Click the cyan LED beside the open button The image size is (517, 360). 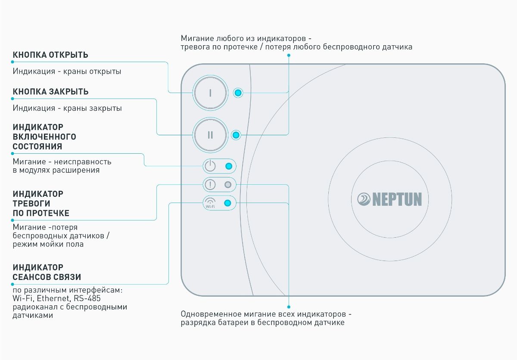point(238,93)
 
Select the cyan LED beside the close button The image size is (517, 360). point(236,135)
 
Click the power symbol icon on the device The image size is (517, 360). point(210,166)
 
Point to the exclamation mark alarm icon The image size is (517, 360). point(210,185)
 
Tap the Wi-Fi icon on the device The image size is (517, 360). point(210,202)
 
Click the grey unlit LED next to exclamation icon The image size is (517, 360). point(228,185)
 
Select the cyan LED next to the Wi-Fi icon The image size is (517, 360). point(228,203)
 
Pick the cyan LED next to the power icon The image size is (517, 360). point(229,166)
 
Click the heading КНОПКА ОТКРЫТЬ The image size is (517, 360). point(50,55)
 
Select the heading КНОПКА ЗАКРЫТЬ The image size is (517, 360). point(51,92)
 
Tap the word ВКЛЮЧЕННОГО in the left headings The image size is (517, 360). point(44,137)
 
